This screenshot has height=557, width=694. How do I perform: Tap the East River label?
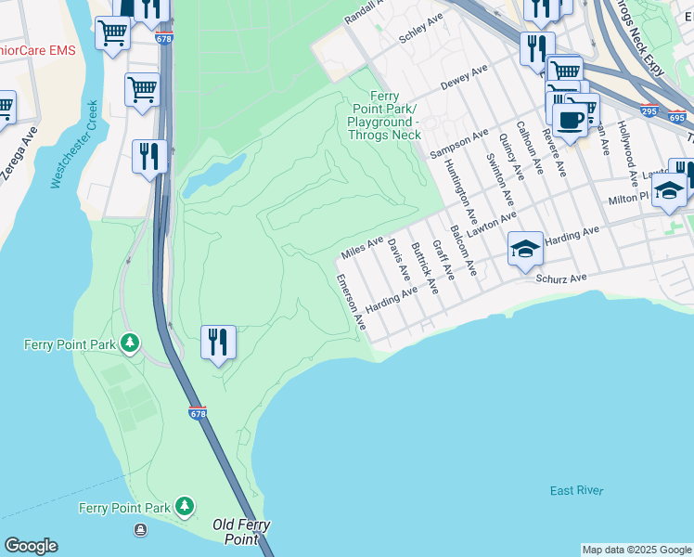576,491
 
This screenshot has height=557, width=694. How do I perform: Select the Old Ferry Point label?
241,532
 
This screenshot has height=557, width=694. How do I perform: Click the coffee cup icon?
571,118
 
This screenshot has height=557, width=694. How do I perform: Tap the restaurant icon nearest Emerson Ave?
218,342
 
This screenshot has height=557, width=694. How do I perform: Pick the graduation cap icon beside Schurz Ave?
525,249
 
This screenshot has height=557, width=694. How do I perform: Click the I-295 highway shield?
649,110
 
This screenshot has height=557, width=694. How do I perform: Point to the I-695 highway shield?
676,119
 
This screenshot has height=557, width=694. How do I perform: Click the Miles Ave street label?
362,247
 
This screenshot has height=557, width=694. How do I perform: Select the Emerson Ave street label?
351,303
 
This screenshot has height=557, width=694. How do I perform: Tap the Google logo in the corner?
30,546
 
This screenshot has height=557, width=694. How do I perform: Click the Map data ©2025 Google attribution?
636,550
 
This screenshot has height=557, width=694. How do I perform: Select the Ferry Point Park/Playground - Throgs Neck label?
384,115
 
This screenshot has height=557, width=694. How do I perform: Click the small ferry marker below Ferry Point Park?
140,529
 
